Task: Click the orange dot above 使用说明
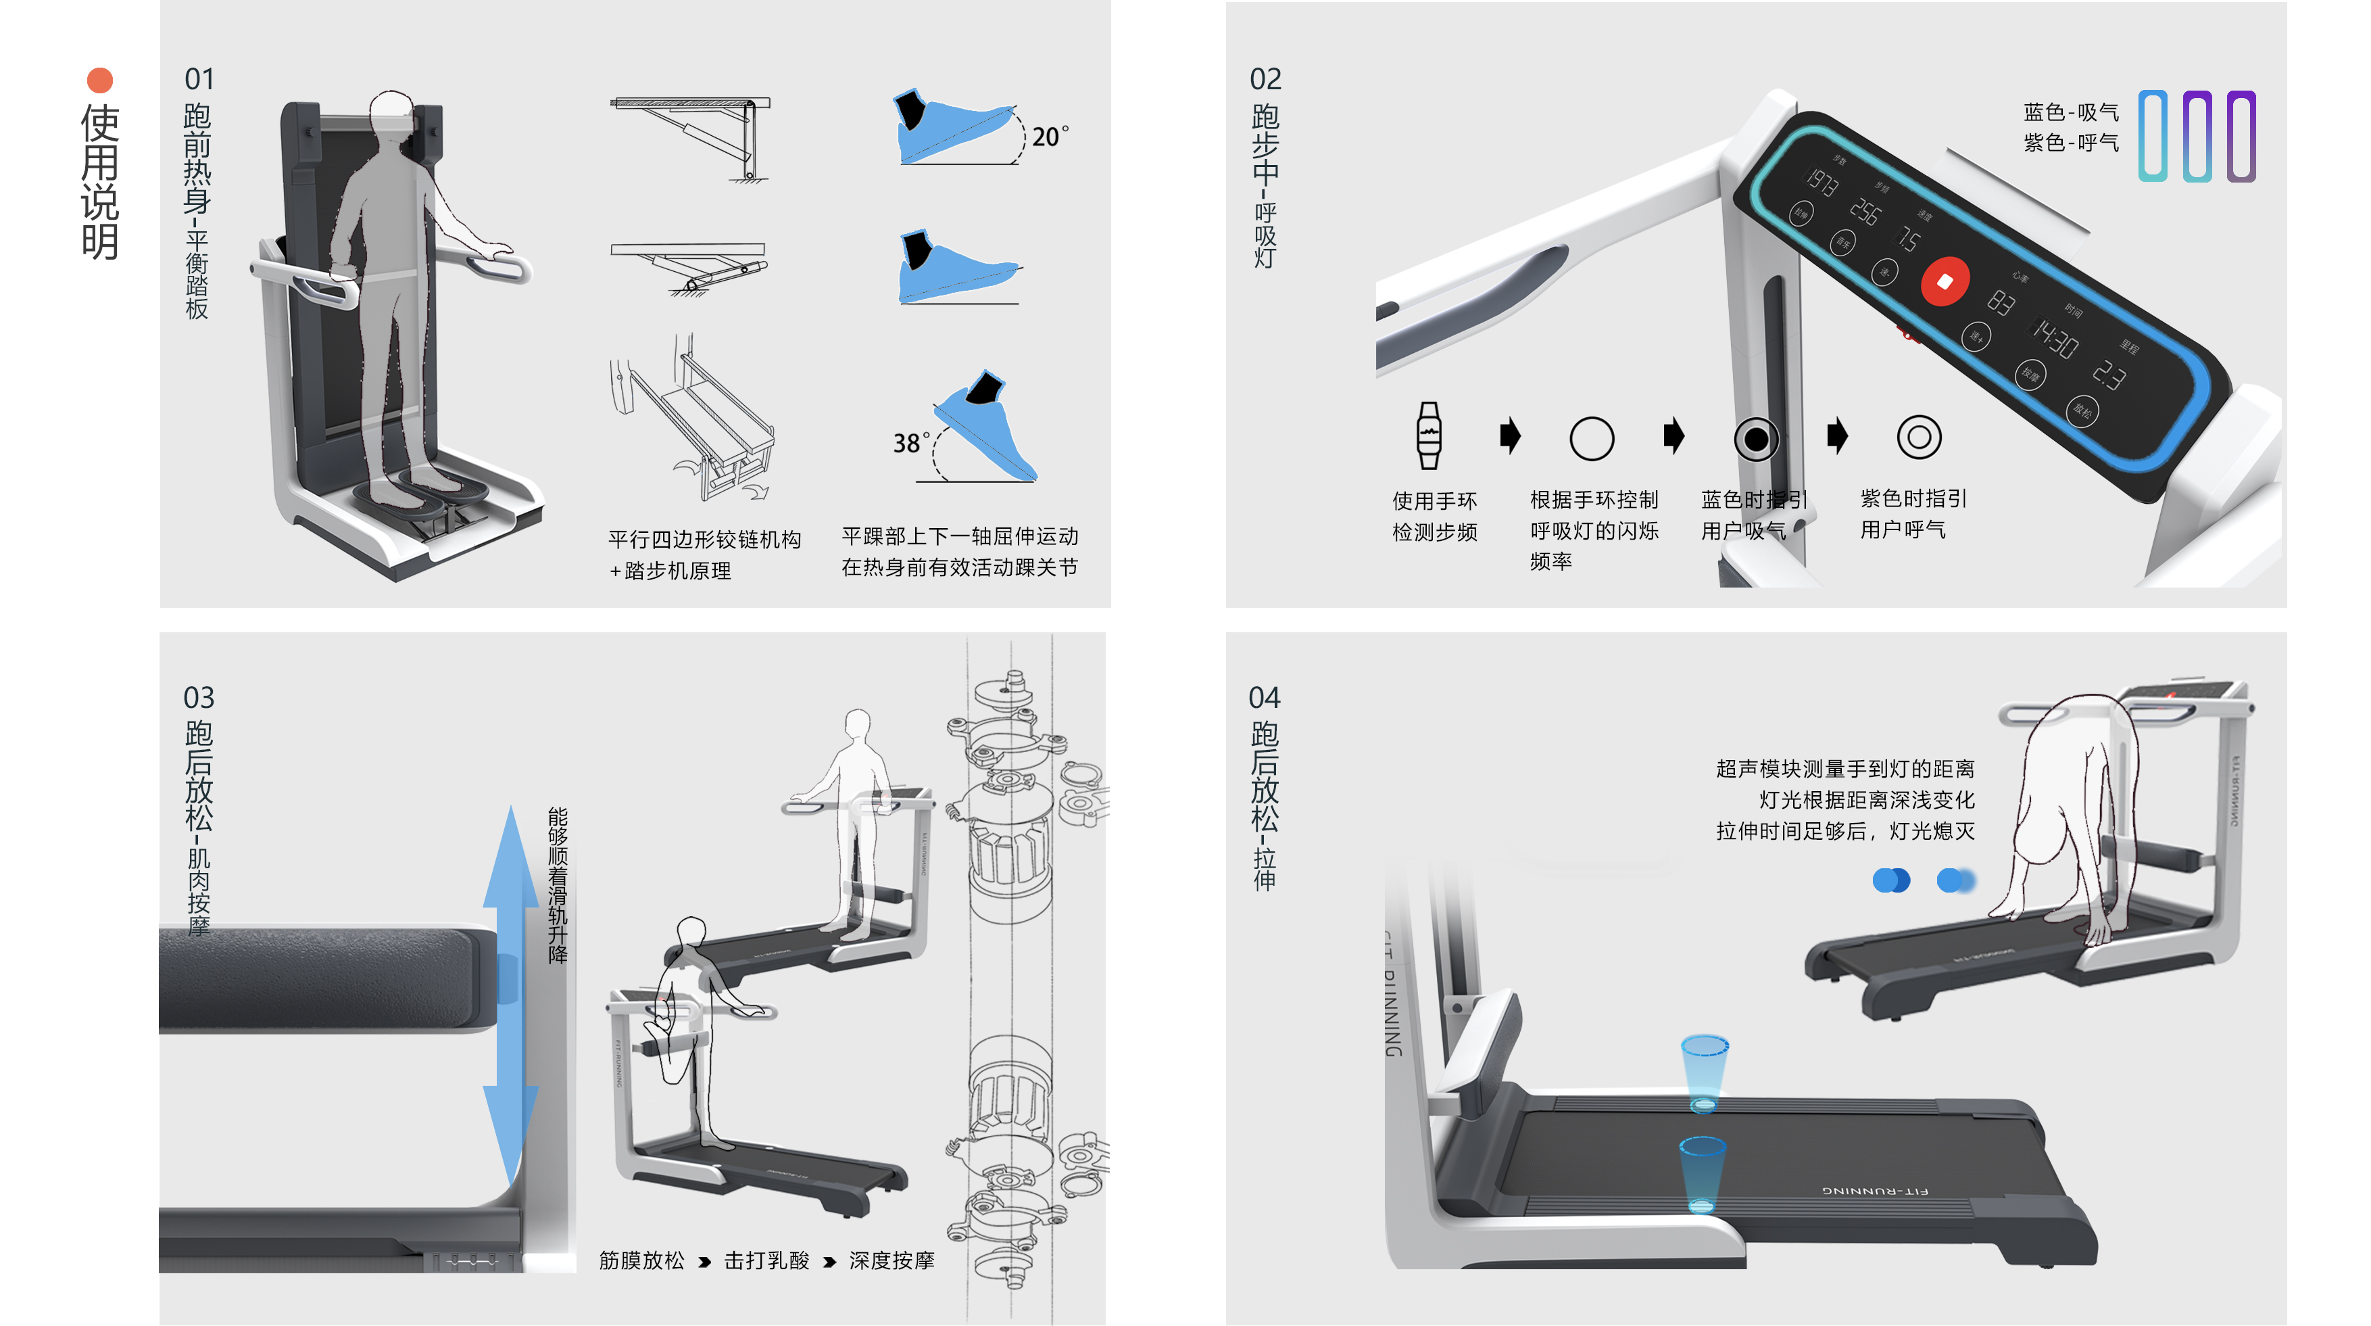[99, 80]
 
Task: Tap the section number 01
[199, 79]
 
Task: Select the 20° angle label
[1048, 137]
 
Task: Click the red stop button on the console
[1944, 282]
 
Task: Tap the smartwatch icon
[1429, 435]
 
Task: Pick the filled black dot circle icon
[1755, 440]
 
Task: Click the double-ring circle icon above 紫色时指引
[1919, 437]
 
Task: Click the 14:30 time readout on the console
[2055, 339]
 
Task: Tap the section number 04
[1264, 697]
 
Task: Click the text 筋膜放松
[641, 1260]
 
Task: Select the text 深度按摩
[891, 1260]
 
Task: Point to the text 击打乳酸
[766, 1260]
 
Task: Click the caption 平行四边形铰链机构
[704, 539]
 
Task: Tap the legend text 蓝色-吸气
[2070, 112]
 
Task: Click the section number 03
[199, 697]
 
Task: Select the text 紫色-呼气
[2070, 143]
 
